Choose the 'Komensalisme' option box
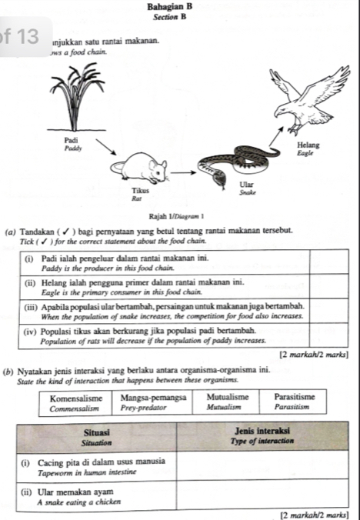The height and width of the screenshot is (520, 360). coord(76,402)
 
